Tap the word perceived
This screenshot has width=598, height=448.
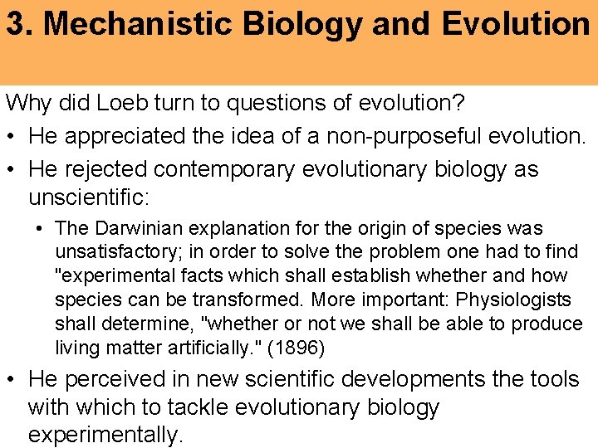[113, 379]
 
